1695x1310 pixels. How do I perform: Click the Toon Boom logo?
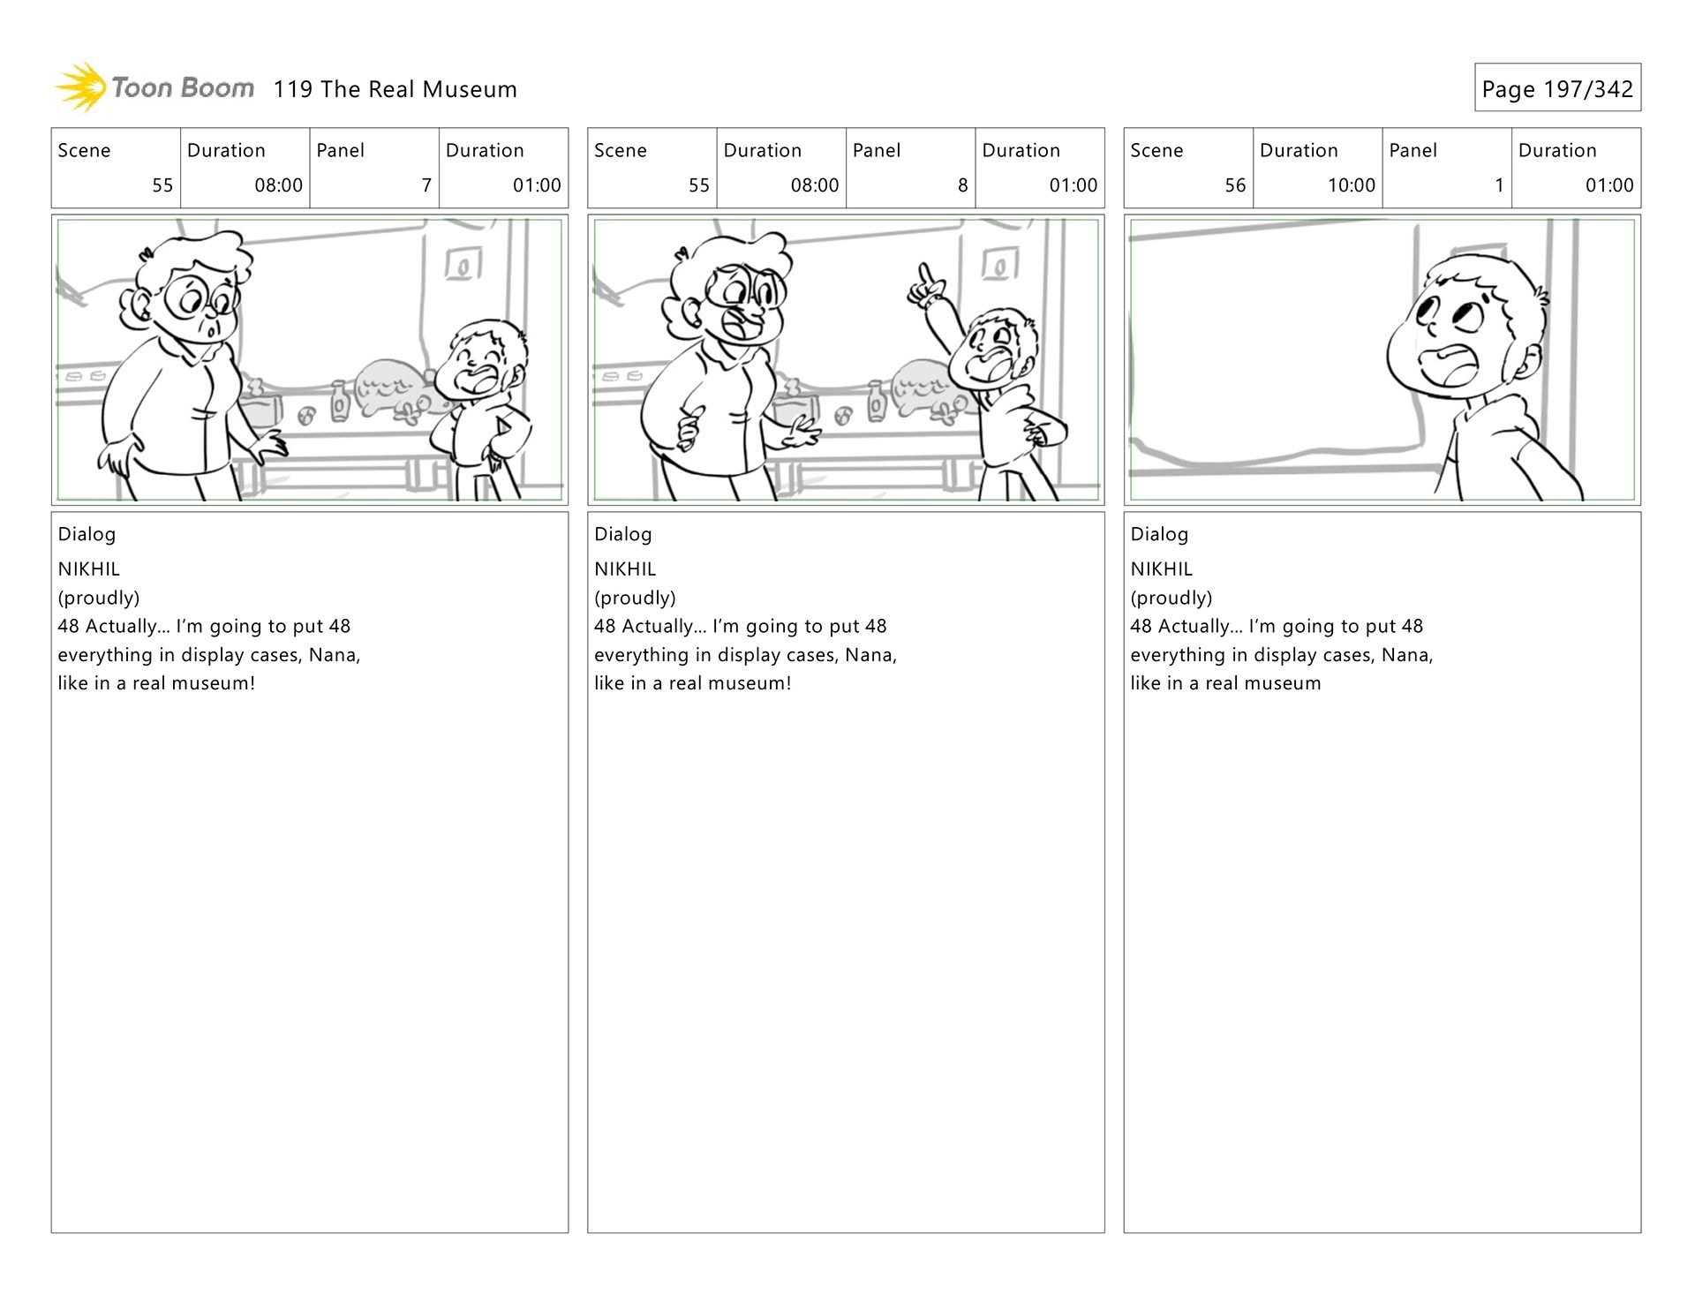coord(154,87)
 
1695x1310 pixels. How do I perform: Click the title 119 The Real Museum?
coord(395,89)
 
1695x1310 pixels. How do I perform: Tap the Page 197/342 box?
coord(1557,87)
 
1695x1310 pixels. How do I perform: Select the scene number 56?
coord(1235,185)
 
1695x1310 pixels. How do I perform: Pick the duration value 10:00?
coord(1351,185)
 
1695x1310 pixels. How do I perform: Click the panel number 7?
coord(426,185)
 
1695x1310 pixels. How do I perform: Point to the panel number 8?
coord(962,185)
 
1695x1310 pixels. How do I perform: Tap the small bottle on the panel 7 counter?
coord(340,402)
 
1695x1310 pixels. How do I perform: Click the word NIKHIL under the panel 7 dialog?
coord(88,569)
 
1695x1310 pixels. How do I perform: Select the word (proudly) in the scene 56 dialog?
coord(1171,598)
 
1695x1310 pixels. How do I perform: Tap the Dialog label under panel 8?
coord(622,534)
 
